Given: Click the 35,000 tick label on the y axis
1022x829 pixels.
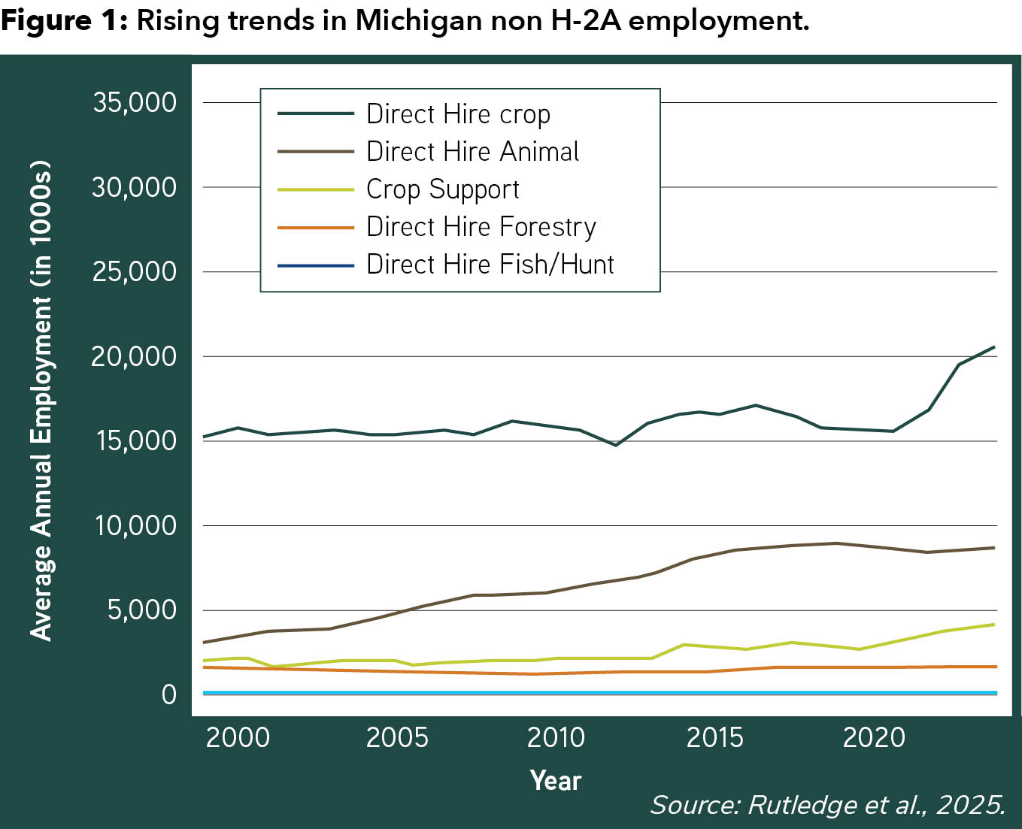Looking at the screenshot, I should (135, 102).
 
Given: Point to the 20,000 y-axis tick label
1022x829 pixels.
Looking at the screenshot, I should (134, 356).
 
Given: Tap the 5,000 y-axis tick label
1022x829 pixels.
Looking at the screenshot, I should (142, 610).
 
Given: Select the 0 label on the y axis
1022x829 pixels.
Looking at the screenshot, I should (169, 694).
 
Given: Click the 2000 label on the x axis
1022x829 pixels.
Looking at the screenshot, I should (238, 737).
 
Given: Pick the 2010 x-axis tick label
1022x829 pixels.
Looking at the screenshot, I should (556, 737).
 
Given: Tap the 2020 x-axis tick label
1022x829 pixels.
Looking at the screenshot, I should (874, 737).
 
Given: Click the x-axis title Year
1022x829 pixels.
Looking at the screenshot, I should (556, 781).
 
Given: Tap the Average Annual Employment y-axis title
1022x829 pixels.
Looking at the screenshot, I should (41, 400).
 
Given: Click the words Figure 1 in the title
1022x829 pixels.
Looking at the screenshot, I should (65, 21).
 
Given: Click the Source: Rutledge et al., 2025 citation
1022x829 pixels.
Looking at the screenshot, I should (827, 805).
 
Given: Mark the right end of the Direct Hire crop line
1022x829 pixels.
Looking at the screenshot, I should (994, 346).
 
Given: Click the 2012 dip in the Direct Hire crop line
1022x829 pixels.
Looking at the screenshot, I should (616, 445).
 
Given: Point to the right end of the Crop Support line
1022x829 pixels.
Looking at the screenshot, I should (994, 625).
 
